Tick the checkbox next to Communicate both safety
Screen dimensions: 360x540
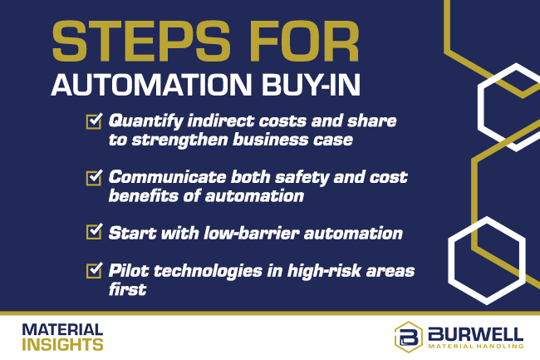tap(94, 178)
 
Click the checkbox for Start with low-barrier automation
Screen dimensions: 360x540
tap(94, 233)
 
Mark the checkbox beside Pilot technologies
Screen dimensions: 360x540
tap(94, 271)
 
